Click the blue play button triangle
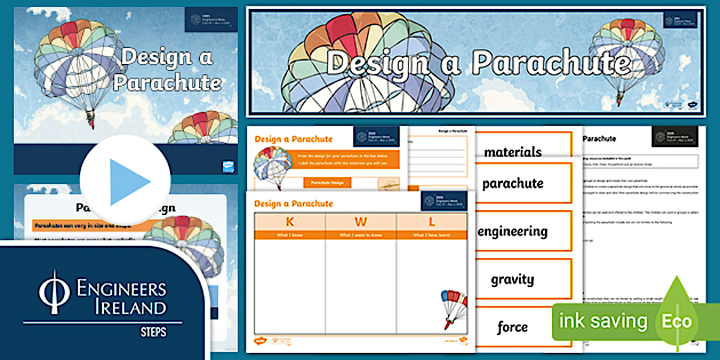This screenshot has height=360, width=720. [x=129, y=182]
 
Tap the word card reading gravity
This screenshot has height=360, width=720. [x=513, y=279]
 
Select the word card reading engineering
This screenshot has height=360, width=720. [x=513, y=231]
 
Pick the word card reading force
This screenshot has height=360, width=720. [x=513, y=327]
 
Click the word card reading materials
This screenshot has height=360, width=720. [x=513, y=151]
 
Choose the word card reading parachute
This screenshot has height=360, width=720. [x=513, y=183]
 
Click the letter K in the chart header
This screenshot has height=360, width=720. [x=290, y=222]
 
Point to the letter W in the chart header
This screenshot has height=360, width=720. [x=361, y=222]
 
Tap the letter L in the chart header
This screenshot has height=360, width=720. [x=431, y=222]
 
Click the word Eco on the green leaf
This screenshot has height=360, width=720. [x=677, y=321]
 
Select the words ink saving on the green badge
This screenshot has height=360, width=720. [x=603, y=321]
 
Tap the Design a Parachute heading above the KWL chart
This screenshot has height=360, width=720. [x=294, y=203]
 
